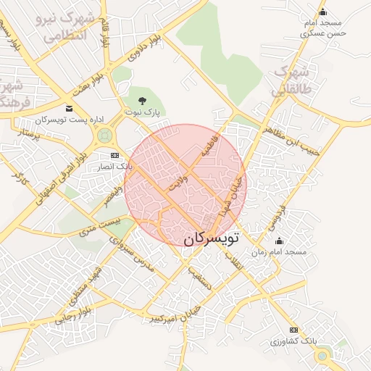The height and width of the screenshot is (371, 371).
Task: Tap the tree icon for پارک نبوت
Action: click(141, 100)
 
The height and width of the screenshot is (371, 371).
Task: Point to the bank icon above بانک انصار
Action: click(115, 155)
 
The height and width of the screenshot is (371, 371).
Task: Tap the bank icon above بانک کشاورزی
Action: click(293, 330)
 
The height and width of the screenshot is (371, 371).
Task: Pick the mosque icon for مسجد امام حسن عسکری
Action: click(323, 12)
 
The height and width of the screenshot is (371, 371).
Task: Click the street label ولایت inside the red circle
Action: click(178, 180)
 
